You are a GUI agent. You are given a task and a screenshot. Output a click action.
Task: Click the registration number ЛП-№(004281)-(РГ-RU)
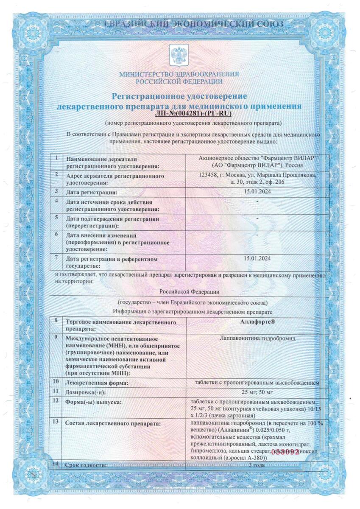pyautogui.click(x=194, y=113)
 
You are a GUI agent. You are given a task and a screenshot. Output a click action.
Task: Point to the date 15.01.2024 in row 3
pyautogui.click(x=257, y=191)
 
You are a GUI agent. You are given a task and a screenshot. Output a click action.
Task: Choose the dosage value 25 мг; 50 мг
pyautogui.click(x=257, y=391)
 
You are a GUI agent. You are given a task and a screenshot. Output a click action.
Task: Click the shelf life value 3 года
pyautogui.click(x=257, y=465)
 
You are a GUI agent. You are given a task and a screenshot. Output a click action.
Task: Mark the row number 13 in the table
pyautogui.click(x=56, y=422)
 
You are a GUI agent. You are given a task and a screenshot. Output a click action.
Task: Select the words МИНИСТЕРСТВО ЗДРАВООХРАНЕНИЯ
pyautogui.click(x=179, y=74)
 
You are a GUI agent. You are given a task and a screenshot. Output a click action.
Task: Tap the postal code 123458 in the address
pyautogui.click(x=209, y=174)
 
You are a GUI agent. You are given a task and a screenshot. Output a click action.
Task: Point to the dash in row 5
pyautogui.click(x=257, y=217)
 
